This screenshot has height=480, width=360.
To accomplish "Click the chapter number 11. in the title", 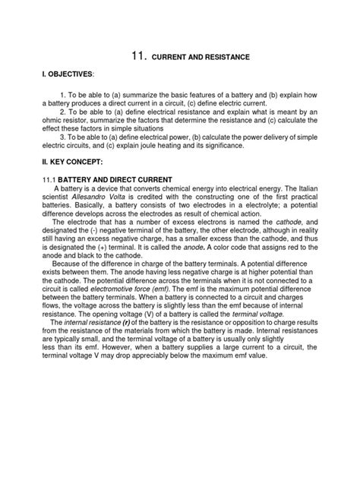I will click(138, 55).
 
